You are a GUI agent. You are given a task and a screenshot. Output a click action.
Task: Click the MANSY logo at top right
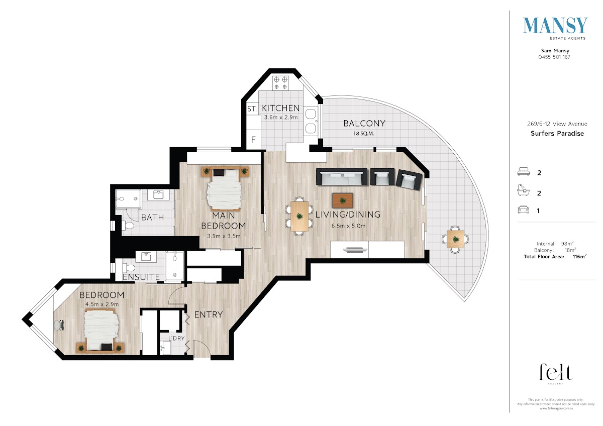[555, 28]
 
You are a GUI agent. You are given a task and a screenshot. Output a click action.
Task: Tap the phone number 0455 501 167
[554, 57]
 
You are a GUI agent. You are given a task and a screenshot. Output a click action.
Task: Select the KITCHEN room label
[280, 108]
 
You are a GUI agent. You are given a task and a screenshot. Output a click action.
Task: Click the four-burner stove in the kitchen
[280, 83]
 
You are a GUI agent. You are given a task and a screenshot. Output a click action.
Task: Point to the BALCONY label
[364, 123]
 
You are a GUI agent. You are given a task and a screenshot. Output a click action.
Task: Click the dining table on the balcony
[455, 239]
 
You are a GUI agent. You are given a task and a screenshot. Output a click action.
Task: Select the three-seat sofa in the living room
[342, 177]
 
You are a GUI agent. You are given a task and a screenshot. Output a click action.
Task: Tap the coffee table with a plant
[343, 200]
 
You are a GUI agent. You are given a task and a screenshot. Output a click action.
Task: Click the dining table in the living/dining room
[299, 216]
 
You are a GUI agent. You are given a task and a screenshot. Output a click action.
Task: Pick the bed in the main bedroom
[224, 189]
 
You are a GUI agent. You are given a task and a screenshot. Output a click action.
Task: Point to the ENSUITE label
[141, 277]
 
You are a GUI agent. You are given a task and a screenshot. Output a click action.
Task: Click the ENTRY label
[209, 314]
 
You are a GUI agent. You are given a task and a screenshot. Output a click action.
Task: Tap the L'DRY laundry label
[176, 338]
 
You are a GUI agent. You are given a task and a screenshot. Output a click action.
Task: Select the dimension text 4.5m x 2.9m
[102, 304]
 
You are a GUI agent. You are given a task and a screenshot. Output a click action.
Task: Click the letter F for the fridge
[253, 140]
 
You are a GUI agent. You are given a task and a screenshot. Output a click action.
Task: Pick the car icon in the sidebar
[523, 209]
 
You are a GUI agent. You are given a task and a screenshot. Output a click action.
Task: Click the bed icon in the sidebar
[523, 172]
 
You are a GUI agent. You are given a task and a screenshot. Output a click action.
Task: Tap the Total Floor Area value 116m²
[579, 257]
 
